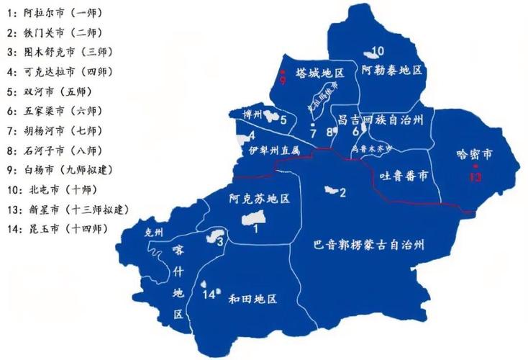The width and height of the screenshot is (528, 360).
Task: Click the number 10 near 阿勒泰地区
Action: pos(379,50)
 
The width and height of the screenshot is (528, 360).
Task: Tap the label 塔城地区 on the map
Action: pos(321,73)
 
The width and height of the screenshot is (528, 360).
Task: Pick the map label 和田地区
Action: pos(252,299)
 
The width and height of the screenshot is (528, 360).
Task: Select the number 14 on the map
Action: pos(209,294)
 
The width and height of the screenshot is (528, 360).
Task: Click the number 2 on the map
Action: pos(343,192)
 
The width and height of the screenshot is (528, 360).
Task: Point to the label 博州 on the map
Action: pos(253,114)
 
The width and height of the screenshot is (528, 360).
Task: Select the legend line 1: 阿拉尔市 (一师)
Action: pos(58,14)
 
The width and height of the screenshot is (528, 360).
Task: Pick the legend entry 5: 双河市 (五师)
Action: pos(54,91)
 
